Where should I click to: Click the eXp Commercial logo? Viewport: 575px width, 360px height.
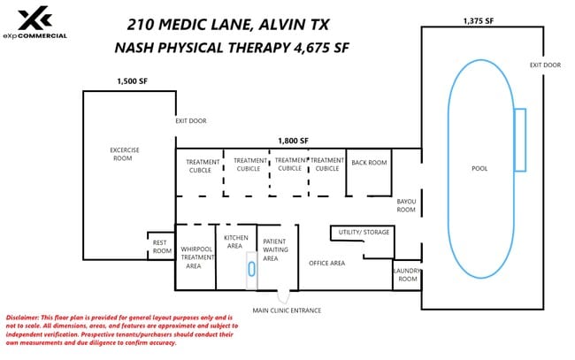click(x=35, y=23)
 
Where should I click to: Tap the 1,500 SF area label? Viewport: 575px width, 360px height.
click(x=133, y=81)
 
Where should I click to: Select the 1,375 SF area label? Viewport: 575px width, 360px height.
click(x=479, y=21)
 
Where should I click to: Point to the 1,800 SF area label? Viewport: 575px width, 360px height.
click(x=293, y=141)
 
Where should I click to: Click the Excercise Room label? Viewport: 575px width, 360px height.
click(x=125, y=154)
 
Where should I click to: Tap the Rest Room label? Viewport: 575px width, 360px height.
click(x=162, y=247)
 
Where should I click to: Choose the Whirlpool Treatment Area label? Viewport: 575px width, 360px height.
click(x=197, y=257)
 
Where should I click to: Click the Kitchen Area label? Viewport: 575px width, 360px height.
click(x=236, y=241)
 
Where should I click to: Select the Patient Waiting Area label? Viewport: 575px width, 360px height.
click(x=275, y=249)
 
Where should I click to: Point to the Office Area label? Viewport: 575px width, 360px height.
click(x=326, y=264)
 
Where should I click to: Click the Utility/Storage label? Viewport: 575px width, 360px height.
click(x=364, y=232)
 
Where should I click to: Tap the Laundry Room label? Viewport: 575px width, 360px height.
click(x=407, y=274)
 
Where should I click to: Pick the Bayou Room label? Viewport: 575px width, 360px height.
click(x=406, y=206)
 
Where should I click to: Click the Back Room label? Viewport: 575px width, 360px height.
click(x=369, y=163)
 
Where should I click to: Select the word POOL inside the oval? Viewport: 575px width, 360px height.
click(x=479, y=169)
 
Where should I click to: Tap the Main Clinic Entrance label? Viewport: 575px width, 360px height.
click(x=287, y=310)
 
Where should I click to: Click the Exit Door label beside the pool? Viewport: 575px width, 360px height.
click(x=545, y=65)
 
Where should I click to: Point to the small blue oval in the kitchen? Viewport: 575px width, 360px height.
click(x=251, y=269)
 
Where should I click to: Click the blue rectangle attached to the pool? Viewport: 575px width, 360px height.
click(x=520, y=140)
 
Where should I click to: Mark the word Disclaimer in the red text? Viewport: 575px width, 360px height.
click(x=22, y=318)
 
